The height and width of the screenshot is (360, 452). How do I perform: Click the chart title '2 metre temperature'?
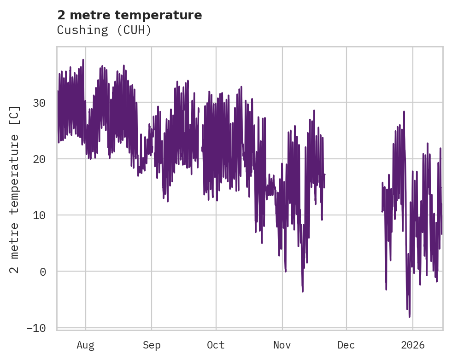[129, 15]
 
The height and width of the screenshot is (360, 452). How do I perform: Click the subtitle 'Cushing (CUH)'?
[104, 30]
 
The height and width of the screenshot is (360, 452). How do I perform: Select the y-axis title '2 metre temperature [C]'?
[15, 189]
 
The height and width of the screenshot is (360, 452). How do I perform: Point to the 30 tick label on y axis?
[40, 103]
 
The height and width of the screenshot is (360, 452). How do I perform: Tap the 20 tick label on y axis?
[40, 159]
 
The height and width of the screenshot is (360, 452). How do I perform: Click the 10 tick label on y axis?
[40, 215]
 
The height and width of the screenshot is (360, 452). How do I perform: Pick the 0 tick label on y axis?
[43, 272]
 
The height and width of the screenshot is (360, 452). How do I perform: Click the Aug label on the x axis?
[85, 345]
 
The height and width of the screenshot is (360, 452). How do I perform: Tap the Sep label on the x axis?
[151, 345]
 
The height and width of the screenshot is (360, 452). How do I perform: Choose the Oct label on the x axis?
[216, 345]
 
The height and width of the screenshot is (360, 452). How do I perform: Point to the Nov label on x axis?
[282, 345]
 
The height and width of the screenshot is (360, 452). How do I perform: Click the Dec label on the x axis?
[346, 345]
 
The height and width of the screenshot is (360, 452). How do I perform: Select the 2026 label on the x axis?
[412, 345]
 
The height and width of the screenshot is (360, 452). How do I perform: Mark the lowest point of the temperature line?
[409, 317]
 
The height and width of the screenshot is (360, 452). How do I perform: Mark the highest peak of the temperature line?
[83, 60]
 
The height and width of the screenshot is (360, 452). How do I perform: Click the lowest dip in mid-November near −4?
[303, 291]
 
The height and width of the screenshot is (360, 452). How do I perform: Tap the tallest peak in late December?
[404, 111]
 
